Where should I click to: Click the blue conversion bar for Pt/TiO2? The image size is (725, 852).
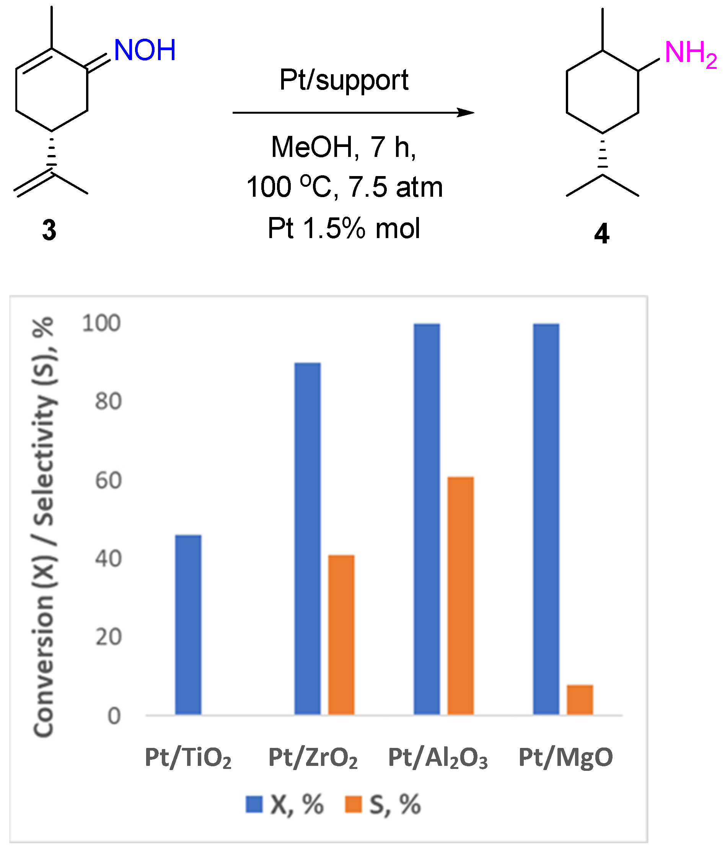tap(188, 625)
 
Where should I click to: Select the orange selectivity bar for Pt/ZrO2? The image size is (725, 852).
tap(341, 635)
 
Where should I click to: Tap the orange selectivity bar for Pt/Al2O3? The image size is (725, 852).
tap(460, 596)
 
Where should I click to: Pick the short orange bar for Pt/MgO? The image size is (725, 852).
tap(580, 700)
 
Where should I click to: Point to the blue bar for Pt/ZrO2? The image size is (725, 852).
tap(308, 539)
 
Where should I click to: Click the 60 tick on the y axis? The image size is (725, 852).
tap(109, 480)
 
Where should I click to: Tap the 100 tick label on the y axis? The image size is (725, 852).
tap(101, 323)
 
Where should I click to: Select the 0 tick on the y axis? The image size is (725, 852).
tap(114, 716)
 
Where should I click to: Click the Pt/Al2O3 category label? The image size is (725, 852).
tap(438, 757)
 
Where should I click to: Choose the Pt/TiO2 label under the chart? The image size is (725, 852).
tap(188, 757)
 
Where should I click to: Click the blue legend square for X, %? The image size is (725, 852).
tap(254, 804)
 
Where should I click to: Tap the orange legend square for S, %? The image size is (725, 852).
tap(354, 804)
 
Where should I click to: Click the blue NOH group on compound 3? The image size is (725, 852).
tap(145, 50)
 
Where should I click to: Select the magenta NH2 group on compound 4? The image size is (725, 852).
tap(690, 54)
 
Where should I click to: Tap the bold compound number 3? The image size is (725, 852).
tap(49, 230)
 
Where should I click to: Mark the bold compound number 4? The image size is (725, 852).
tap(602, 234)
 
